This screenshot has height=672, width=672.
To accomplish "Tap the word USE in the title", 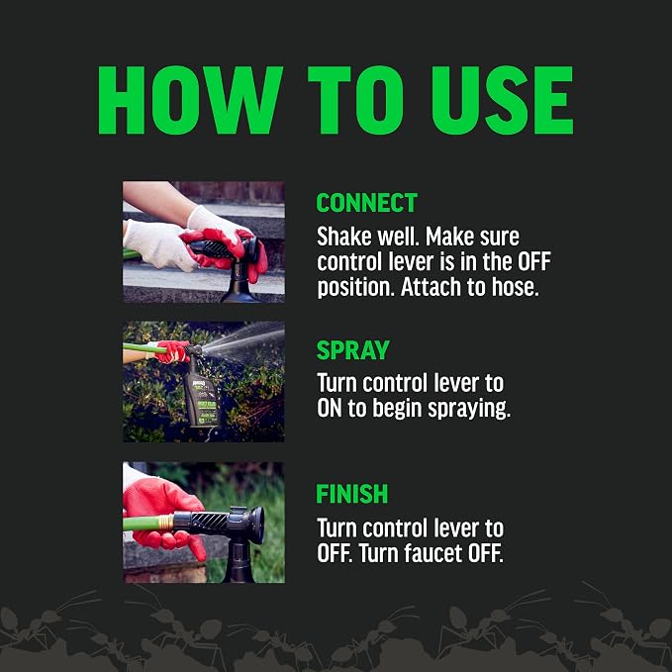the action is click(503, 100).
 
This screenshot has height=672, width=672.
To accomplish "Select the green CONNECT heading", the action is click(367, 203).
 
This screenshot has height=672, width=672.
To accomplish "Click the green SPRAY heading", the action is click(353, 350).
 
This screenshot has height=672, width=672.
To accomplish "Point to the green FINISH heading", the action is click(352, 494).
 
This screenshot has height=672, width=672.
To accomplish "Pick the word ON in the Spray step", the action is click(330, 409).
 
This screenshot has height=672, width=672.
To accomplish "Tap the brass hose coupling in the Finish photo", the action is click(165, 523).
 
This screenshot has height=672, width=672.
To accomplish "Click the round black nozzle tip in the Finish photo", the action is click(256, 525).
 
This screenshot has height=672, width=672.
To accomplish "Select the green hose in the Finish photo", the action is click(142, 524).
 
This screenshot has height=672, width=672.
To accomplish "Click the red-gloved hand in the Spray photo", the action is click(172, 351).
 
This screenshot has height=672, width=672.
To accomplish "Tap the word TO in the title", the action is click(356, 100).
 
